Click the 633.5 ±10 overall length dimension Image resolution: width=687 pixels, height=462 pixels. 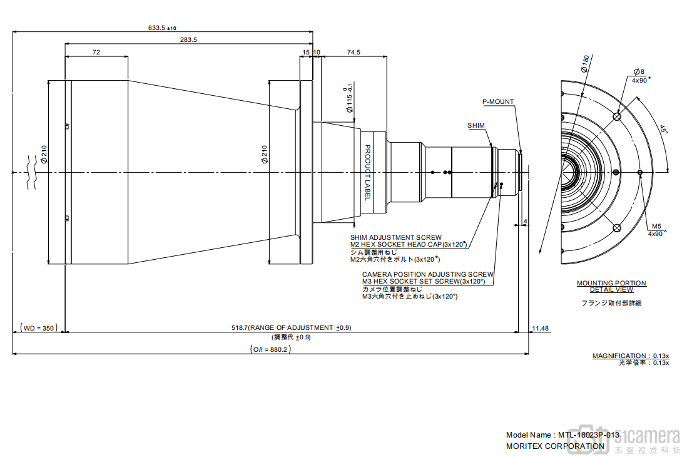pos(162,28)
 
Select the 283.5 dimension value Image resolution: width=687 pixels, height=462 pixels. pos(188,39)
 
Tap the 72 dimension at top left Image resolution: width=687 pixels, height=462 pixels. pos(96,53)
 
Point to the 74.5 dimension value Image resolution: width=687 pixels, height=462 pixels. pos(353,53)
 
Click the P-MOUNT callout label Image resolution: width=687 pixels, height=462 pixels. pos(498,101)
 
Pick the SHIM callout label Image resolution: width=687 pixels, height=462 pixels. pos(476,126)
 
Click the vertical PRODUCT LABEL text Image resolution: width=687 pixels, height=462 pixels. pos(368,173)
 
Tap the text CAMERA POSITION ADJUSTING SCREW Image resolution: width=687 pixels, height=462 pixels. pos(427,274)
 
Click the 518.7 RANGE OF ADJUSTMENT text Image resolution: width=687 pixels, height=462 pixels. pos(291,327)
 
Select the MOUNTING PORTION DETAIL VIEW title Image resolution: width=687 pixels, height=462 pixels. pos(611,286)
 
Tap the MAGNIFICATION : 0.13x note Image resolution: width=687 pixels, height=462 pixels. pos(631,356)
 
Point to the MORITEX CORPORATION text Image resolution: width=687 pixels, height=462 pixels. pos(555,446)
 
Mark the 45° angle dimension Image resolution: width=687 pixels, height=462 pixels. pos(663,130)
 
